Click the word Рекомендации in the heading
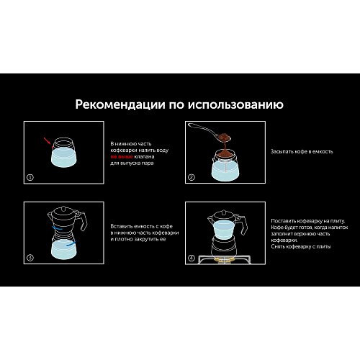click(x=120, y=104)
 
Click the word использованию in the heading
click(x=235, y=105)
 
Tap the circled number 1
click(x=30, y=178)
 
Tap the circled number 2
click(x=192, y=177)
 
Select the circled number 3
click(x=30, y=258)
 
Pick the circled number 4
click(x=192, y=258)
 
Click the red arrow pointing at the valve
click(x=48, y=141)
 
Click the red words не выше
click(x=122, y=157)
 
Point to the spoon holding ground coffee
click(x=209, y=132)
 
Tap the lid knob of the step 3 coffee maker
click(x=63, y=208)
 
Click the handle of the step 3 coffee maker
click(x=83, y=221)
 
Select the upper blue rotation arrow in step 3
click(x=58, y=228)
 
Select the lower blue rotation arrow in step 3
click(x=71, y=243)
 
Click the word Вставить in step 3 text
click(x=122, y=226)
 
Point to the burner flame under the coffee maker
click(x=224, y=259)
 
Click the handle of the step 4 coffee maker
click(x=242, y=225)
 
